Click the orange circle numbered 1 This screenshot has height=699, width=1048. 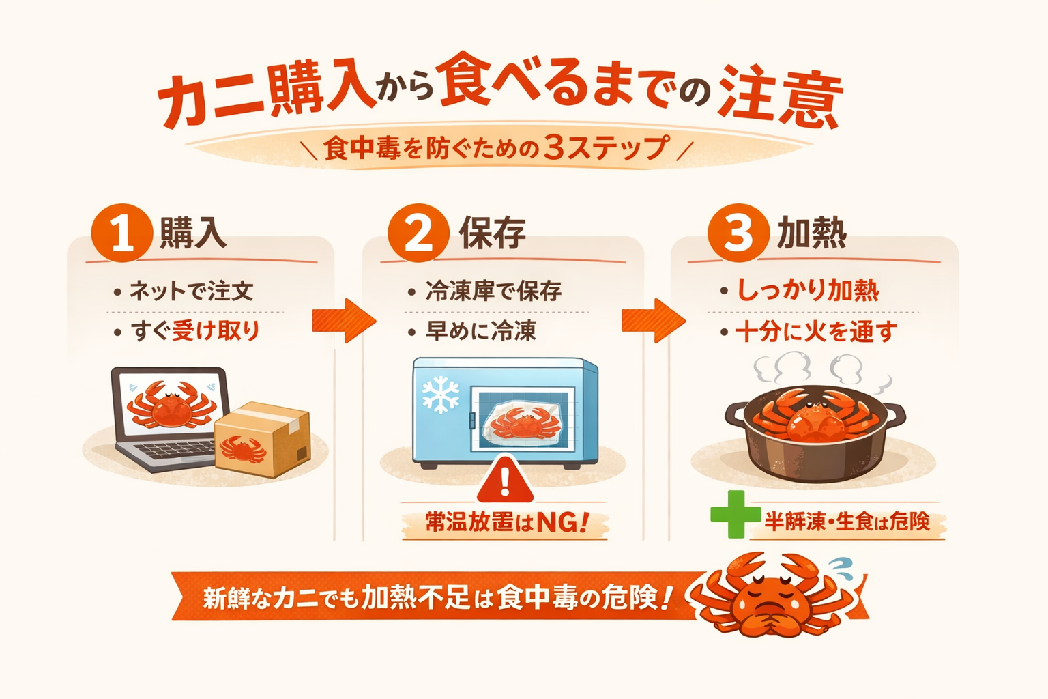coord(121,233)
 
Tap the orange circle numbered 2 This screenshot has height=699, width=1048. coord(418,233)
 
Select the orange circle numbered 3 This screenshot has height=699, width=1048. coord(738,233)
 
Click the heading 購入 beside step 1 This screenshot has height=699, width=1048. coord(193,233)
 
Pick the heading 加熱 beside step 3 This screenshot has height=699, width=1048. coord(812,233)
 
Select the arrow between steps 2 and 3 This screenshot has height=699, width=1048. coord(653,320)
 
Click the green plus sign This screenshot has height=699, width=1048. coord(735,514)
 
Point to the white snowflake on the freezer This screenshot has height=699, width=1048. coord(440,394)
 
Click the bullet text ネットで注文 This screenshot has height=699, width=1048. coord(192,291)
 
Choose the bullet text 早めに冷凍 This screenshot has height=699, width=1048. coord(481,331)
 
